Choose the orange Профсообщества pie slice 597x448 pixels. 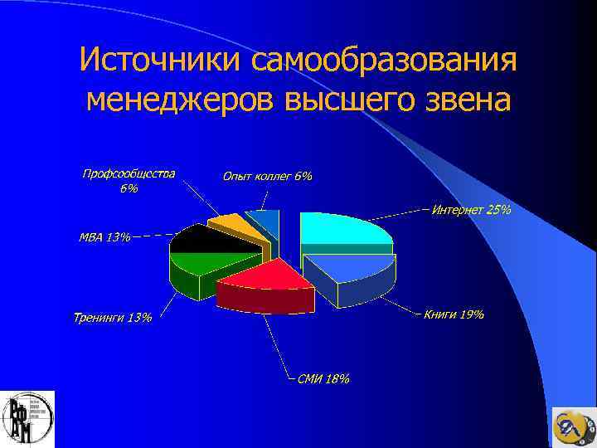227,222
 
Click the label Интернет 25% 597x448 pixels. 471,211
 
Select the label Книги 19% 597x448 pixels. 454,314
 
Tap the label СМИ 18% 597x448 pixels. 323,379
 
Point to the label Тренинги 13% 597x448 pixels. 113,318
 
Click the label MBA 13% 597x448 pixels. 104,237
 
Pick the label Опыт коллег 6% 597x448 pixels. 267,176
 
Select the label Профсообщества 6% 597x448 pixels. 129,180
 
